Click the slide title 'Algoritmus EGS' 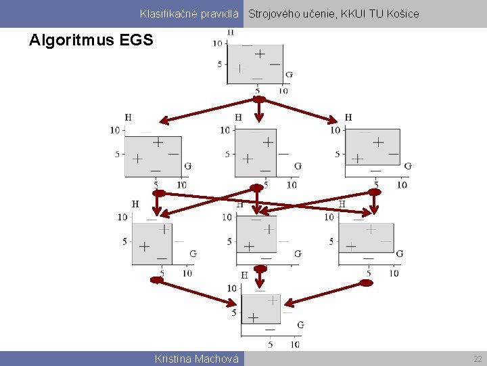pyautogui.click(x=91, y=40)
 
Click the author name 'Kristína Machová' pyautogui.click(x=196, y=359)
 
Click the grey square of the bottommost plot pyautogui.click(x=261, y=312)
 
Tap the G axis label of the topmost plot pyautogui.click(x=289, y=75)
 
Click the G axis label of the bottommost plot pyautogui.click(x=300, y=325)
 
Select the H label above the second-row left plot pyautogui.click(x=129, y=117)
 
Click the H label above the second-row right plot pyautogui.click(x=348, y=117)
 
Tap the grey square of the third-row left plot pyautogui.click(x=152, y=243)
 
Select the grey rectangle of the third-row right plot pyautogui.click(x=367, y=238)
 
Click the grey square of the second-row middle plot pyautogui.click(x=256, y=153)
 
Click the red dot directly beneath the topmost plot pyautogui.click(x=258, y=99)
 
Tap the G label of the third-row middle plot pyautogui.click(x=298, y=253)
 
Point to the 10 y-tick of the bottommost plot pyautogui.click(x=231, y=288)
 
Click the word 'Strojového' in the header pyautogui.click(x=276, y=14)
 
